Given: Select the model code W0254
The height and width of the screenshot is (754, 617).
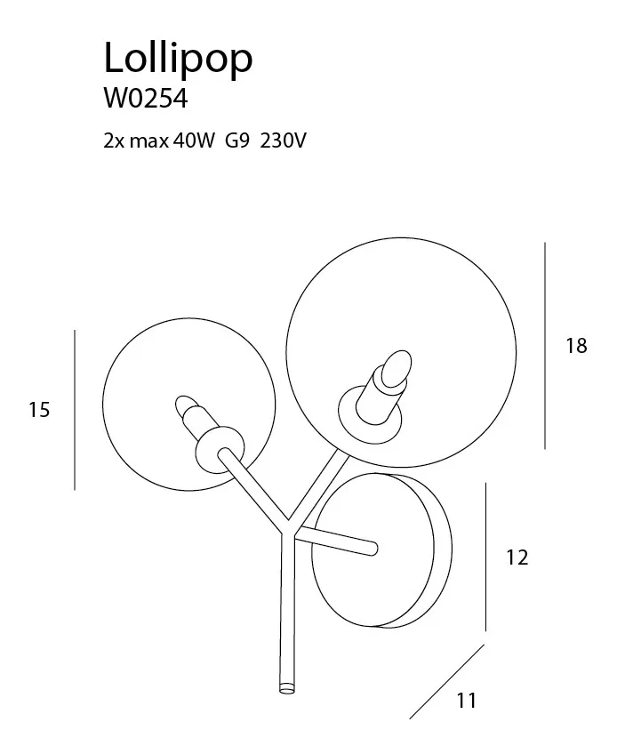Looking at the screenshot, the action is click(x=145, y=99).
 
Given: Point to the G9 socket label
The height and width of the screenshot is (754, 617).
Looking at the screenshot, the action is click(x=237, y=141).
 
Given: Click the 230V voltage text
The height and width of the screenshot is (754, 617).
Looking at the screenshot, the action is click(x=283, y=141).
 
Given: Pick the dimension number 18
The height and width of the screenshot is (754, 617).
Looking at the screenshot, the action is click(x=576, y=346).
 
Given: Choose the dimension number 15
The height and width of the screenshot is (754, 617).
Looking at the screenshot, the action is click(x=39, y=410).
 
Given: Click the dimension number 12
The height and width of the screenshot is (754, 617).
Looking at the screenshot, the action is click(x=517, y=557).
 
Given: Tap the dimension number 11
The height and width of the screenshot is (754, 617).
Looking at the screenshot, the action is click(x=466, y=700).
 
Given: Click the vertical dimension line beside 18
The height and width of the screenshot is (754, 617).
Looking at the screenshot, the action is click(x=545, y=346).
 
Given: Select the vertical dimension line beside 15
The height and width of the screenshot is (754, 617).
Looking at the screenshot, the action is click(x=75, y=410).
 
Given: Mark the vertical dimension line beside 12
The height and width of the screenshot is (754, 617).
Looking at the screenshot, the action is click(x=485, y=557).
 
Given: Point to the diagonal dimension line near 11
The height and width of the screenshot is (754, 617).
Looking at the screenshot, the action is click(x=447, y=682).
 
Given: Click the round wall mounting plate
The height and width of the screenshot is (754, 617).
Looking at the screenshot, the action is click(x=381, y=550).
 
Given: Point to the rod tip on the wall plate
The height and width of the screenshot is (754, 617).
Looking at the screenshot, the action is click(x=372, y=549).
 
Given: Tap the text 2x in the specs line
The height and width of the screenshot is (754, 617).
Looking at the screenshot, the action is click(x=115, y=141).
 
